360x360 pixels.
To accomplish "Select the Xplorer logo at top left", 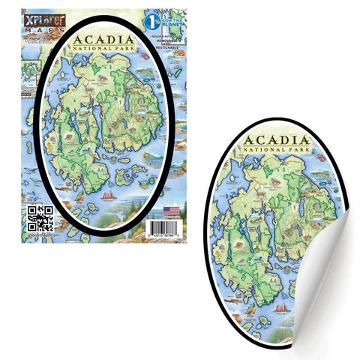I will [x=34, y=17].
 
